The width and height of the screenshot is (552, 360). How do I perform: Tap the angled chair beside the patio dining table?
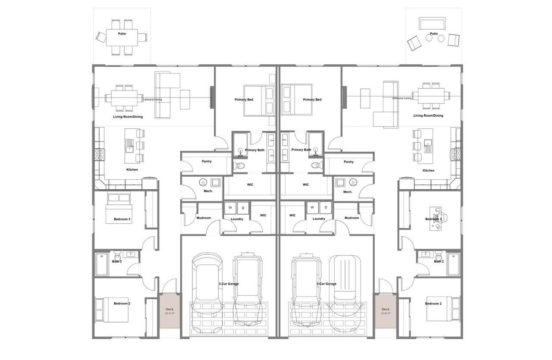101,37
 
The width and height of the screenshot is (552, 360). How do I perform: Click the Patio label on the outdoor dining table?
122,34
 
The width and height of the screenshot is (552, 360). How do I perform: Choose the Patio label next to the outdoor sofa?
434,34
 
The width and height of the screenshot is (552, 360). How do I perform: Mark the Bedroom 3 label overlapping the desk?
433,219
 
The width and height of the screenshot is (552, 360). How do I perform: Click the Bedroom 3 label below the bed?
122,219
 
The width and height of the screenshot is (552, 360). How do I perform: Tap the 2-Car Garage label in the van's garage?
326,284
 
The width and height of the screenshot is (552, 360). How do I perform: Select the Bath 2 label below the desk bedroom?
439,261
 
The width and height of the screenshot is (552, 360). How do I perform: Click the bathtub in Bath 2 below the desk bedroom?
453,264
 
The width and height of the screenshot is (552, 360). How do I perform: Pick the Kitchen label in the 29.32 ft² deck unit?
132,169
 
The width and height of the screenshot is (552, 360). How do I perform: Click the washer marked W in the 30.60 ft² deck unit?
312,207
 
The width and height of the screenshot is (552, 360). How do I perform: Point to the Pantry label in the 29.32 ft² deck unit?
207,161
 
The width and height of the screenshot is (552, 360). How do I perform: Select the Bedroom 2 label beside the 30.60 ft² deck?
433,304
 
